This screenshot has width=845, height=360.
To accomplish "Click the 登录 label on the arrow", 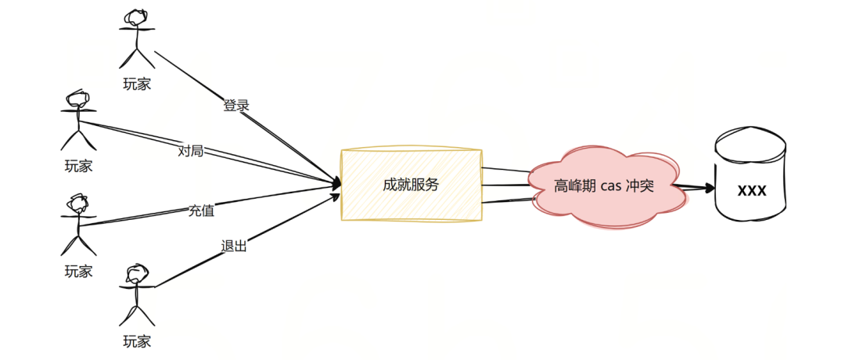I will click(236, 106).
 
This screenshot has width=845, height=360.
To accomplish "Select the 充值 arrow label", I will click(201, 210).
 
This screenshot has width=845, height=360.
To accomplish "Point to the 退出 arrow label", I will click(234, 247).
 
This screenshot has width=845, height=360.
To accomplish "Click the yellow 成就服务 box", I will click(411, 185).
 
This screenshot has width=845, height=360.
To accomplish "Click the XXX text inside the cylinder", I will click(751, 190).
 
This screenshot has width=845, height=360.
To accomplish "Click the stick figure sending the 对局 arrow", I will click(78, 121).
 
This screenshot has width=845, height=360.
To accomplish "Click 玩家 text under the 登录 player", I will click(138, 84).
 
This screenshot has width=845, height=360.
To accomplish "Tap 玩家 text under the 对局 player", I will click(78, 166).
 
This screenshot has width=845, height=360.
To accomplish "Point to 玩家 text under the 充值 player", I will click(78, 272).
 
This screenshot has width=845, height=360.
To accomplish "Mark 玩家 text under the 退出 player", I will click(138, 340).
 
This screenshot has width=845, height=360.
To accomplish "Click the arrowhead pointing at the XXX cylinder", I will click(708, 188).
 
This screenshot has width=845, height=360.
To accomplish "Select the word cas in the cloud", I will click(610, 186).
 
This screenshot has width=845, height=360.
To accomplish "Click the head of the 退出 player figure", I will click(137, 273).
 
